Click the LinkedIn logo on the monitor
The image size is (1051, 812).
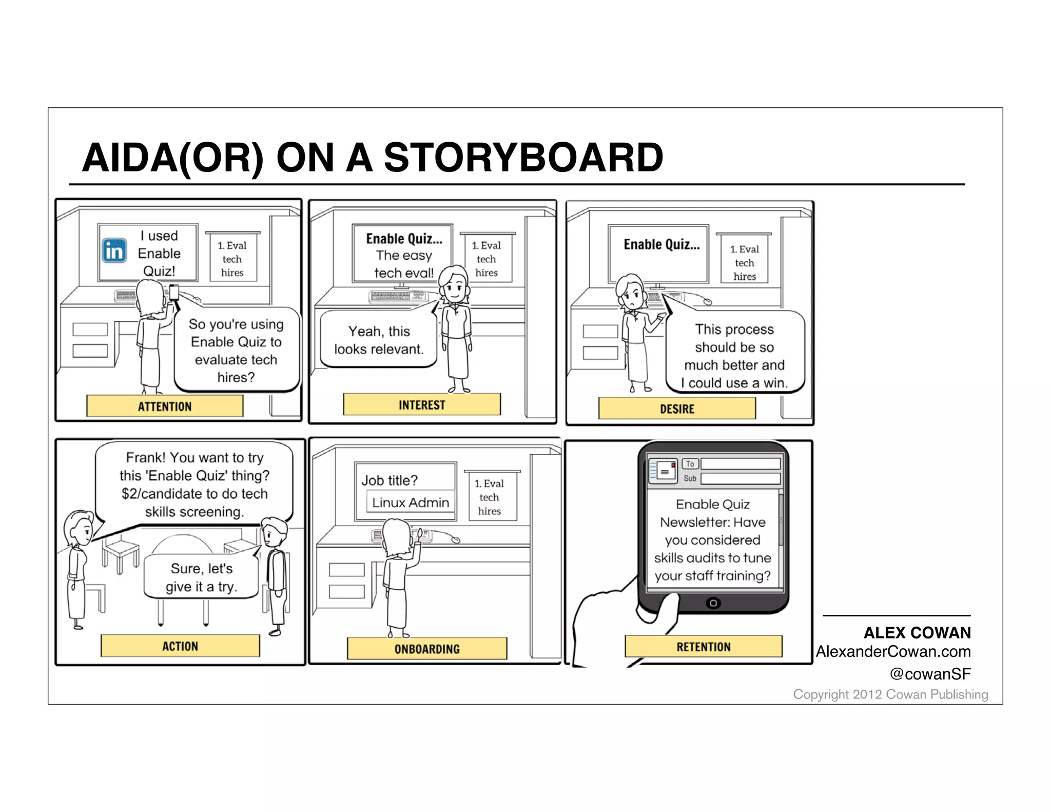114,251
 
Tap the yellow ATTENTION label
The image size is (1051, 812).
165,407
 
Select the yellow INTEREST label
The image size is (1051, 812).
422,405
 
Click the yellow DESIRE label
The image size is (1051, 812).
677,409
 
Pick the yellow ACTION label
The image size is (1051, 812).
180,646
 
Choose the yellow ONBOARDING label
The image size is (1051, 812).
427,649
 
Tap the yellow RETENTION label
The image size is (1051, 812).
703,647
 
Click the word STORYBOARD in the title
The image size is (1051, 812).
523,158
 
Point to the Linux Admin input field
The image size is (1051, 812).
410,502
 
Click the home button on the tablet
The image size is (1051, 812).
713,603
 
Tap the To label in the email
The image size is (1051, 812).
690,464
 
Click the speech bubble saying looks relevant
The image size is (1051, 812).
379,340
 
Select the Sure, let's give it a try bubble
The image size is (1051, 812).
201,577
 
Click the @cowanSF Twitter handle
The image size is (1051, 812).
930,674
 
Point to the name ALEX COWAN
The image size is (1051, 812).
917,632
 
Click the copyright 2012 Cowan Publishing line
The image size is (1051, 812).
890,694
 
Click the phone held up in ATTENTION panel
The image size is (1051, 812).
174,293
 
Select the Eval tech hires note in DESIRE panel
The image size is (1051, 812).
744,262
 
